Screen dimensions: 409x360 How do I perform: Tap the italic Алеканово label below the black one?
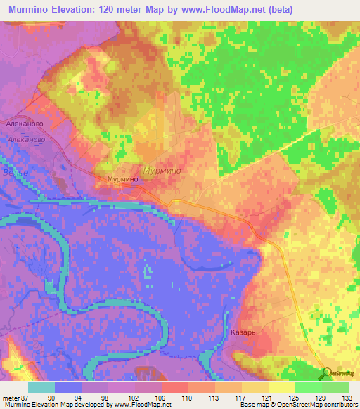27,140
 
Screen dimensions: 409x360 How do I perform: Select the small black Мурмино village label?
122,180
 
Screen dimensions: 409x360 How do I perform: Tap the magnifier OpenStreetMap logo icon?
328,374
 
